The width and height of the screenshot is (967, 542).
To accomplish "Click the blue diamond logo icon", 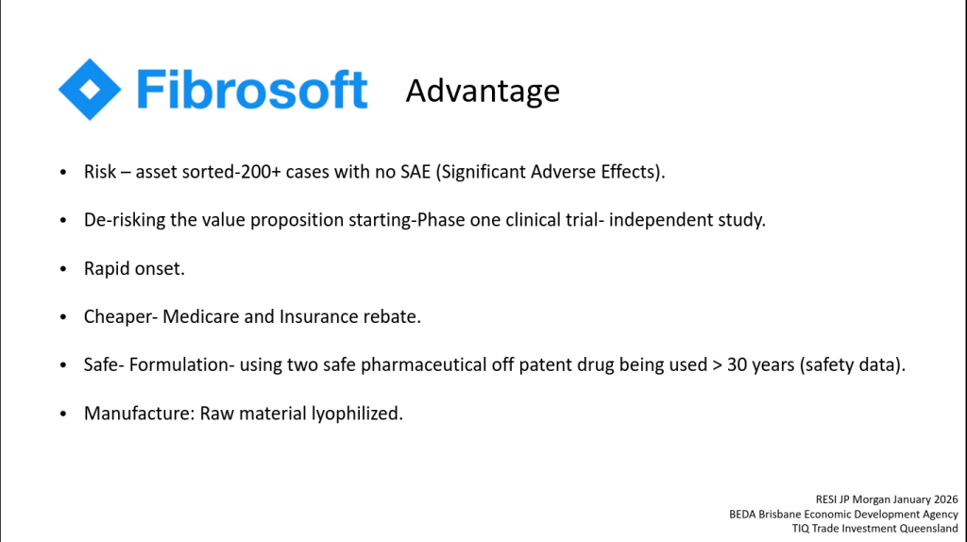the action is (90, 90).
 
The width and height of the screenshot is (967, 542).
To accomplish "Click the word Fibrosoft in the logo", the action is (252, 90).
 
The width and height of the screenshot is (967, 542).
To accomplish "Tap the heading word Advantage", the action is (483, 92).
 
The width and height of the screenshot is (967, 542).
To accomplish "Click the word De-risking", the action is (125, 220).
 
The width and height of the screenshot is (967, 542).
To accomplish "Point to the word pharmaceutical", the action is (423, 365).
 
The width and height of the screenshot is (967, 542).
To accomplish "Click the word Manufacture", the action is (139, 414).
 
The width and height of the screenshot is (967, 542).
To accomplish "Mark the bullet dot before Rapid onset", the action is (63, 269).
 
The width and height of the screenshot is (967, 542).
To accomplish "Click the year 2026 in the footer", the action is (944, 500).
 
